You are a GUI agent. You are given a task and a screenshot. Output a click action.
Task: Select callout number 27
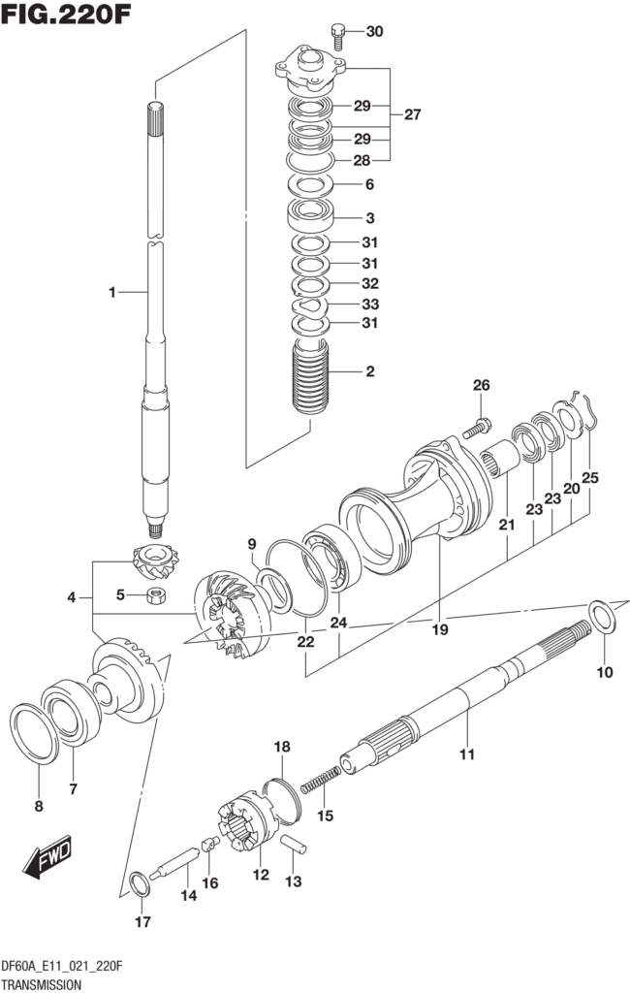tap(412, 114)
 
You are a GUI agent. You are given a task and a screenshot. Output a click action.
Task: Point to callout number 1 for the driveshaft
tap(112, 291)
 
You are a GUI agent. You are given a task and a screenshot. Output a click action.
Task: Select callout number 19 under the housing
tap(440, 629)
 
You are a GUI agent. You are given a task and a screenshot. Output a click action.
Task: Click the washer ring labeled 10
tap(603, 616)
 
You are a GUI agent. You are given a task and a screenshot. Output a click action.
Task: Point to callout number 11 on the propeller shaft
tap(466, 753)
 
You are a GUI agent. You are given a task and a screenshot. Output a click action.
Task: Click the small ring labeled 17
tap(140, 883)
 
